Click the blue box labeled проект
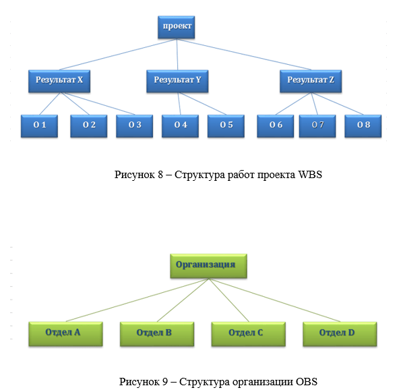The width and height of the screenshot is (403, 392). tap(177, 27)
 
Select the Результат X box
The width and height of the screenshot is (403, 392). tap(59, 81)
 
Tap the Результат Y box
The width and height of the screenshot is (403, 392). tap(177, 81)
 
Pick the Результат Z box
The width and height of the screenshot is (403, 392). tap(311, 81)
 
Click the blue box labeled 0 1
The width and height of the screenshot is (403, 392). tap(39, 126)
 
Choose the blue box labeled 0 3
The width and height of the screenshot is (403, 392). tap(134, 126)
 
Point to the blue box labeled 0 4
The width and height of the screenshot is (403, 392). tap(180, 126)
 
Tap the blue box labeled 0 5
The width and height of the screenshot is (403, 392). tap(226, 126)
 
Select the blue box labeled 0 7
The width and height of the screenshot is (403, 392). tap(317, 126)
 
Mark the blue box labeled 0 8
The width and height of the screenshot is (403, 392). tap(363, 126)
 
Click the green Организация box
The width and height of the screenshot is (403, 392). tap(209, 266)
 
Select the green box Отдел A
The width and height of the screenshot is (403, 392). tap(66, 334)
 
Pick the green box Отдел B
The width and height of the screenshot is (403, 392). tap(157, 334)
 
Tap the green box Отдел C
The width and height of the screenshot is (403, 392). tap(249, 334)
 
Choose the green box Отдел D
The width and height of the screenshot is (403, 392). tap(340, 334)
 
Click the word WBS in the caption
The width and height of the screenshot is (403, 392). tap(310, 175)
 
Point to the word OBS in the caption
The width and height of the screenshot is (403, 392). tap(307, 381)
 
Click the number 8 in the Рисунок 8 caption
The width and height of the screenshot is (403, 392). tap(160, 175)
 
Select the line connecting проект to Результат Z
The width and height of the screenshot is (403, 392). tap(244, 54)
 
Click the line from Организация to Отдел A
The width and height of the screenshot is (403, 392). tap(137, 300)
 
